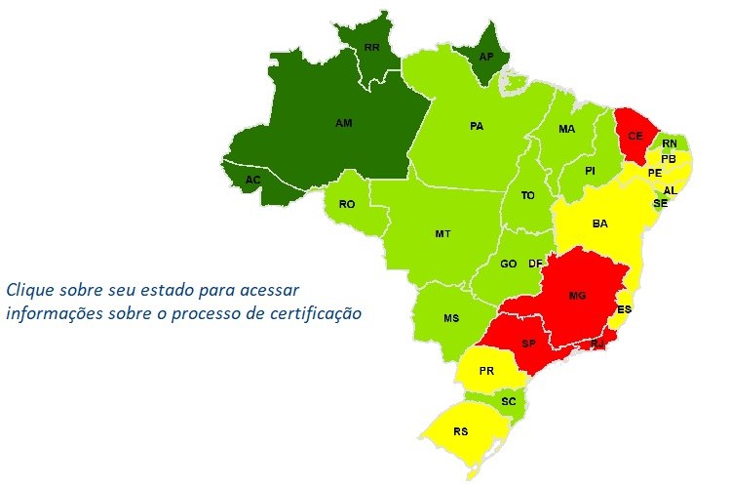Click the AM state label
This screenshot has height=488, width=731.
tap(343, 124)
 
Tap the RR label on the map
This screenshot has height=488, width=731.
tap(371, 47)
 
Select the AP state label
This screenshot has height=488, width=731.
tap(486, 57)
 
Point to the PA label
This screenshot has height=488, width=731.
tap(477, 126)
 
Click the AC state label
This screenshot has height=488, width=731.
tap(253, 181)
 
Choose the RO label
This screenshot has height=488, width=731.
tap(346, 204)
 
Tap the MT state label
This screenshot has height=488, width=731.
tap(442, 234)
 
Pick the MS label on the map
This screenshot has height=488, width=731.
tap(451, 319)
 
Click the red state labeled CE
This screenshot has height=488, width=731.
tap(635, 136)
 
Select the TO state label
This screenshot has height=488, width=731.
tap(528, 195)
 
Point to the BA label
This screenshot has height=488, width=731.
tap(600, 224)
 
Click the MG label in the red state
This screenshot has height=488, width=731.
tap(576, 295)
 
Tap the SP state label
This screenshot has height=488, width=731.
tap(529, 345)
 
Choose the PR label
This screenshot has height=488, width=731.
tap(487, 371)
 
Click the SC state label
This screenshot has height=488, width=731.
tap(509, 401)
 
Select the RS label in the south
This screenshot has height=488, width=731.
tap(462, 431)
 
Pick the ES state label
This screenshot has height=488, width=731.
tap(625, 309)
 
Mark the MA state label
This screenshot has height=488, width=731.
tap(566, 129)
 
